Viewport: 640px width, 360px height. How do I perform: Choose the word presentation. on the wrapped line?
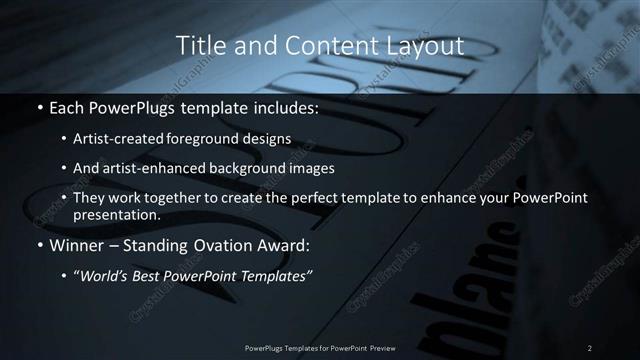click(117, 214)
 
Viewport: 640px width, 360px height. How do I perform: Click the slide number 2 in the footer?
click(589, 347)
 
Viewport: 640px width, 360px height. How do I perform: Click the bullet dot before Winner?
click(38, 245)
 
